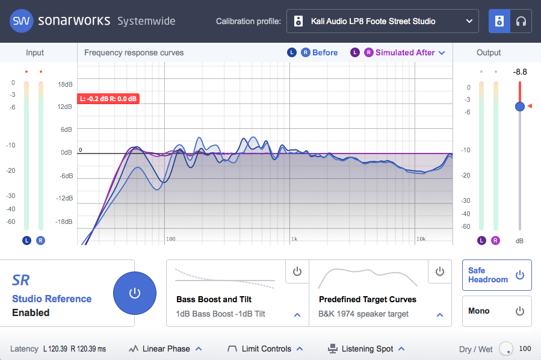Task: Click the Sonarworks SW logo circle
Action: [21, 21]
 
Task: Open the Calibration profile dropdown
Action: [383, 22]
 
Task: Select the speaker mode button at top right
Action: [499, 22]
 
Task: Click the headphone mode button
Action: [521, 22]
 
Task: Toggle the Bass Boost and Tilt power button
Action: [297, 272]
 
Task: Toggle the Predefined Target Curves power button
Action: [439, 272]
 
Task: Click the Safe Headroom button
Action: [496, 275]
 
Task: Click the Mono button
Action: [496, 311]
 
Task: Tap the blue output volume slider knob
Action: [520, 107]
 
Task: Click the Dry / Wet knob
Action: [506, 349]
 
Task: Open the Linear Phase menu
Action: [165, 349]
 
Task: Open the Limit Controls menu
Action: [265, 349]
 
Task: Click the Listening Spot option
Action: [366, 349]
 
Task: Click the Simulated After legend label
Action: [405, 52]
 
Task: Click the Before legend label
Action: [325, 52]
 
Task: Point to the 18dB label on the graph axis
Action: [65, 84]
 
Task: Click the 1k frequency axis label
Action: [294, 239]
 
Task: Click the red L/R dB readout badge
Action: [108, 99]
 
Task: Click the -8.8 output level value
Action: [520, 72]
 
